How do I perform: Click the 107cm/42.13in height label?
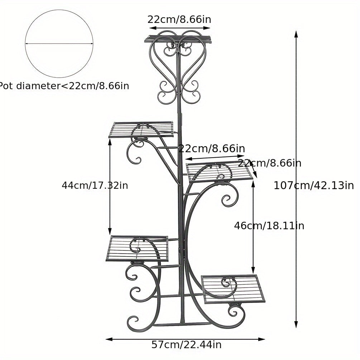pyautogui.click(x=314, y=185)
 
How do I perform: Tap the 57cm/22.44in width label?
pyautogui.click(x=186, y=345)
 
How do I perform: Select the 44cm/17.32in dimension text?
pyautogui.click(x=95, y=185)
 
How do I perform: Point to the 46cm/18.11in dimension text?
pyautogui.click(x=269, y=226)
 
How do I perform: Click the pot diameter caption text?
pyautogui.click(x=64, y=86)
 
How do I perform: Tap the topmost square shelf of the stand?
pyautogui.click(x=178, y=39)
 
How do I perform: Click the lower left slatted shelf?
pyautogui.click(x=137, y=249)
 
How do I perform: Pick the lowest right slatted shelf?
pyautogui.click(x=233, y=289)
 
